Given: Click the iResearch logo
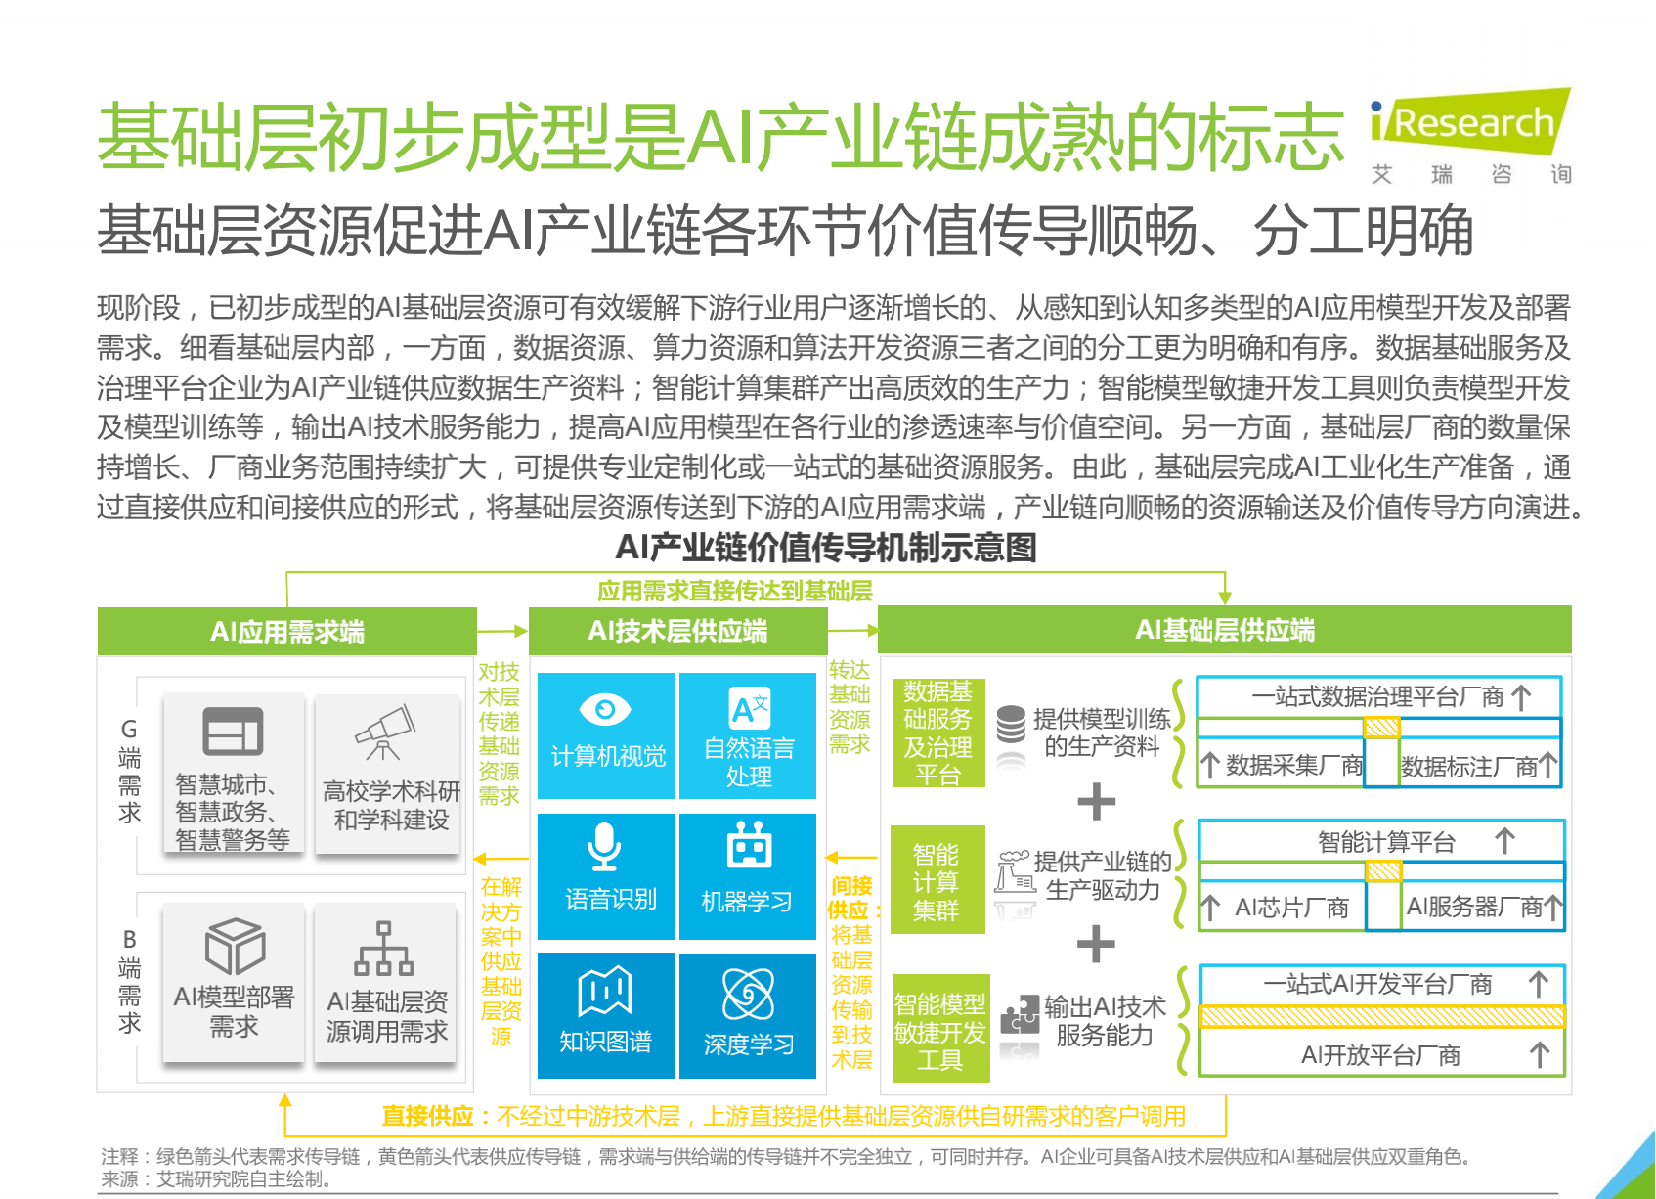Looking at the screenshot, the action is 1469,123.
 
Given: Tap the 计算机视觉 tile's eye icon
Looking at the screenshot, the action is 605,710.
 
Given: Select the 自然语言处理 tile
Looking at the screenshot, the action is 748,735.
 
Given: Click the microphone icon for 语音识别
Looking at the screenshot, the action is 604,846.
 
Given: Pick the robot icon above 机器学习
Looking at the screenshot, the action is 749,844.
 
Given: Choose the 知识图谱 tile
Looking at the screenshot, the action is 605,1015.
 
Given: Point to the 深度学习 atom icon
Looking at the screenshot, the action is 748,994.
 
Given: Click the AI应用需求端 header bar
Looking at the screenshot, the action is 286,631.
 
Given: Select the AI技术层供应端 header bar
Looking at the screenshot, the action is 677,630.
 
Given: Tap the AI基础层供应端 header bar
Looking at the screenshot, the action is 1224,630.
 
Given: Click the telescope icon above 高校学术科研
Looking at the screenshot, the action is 384,733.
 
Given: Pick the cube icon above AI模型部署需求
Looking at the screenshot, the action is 235,947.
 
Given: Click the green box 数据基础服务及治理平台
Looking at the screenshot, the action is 938,733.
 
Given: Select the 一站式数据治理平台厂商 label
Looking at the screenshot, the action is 1378,696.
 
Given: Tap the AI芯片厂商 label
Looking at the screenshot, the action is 1291,907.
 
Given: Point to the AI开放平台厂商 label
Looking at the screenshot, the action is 1380,1055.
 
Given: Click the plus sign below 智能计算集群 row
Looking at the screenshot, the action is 1096,944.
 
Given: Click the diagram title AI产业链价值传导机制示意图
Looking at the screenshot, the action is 826,548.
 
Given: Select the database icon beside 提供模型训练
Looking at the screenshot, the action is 1011,725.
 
